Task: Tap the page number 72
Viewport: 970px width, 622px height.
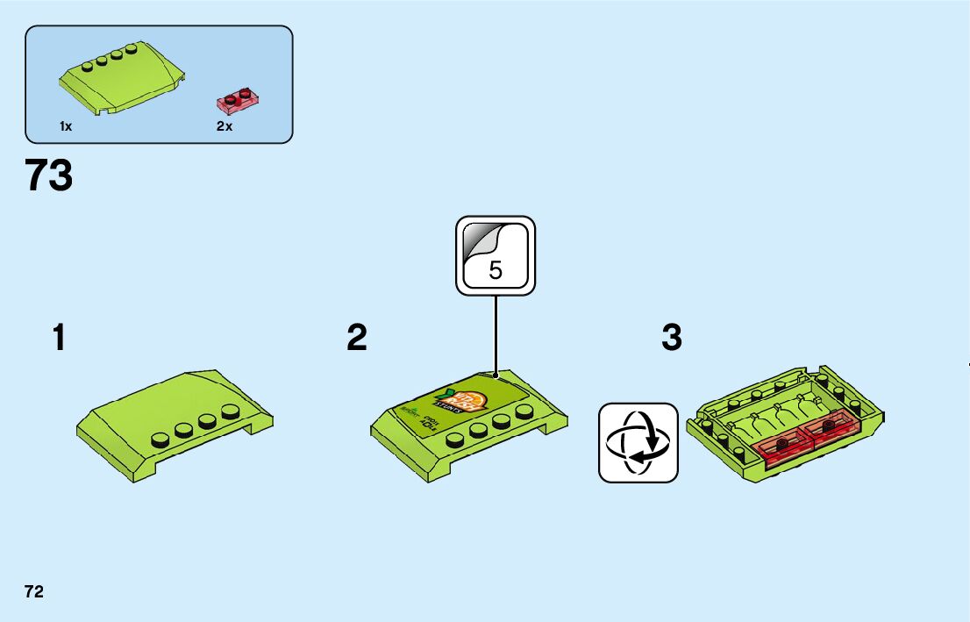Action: tap(34, 591)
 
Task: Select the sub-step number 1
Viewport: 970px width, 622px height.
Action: tap(59, 338)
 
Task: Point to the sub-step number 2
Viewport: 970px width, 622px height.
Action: tap(356, 338)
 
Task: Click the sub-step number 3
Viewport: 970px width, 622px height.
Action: tap(672, 338)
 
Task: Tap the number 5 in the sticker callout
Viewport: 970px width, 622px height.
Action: tap(496, 270)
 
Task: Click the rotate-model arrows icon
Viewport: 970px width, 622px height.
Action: tap(638, 442)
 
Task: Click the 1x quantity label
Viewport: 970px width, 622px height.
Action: tap(66, 127)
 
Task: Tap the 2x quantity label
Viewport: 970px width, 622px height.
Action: tap(225, 127)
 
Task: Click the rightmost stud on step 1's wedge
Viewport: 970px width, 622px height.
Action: tap(231, 411)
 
